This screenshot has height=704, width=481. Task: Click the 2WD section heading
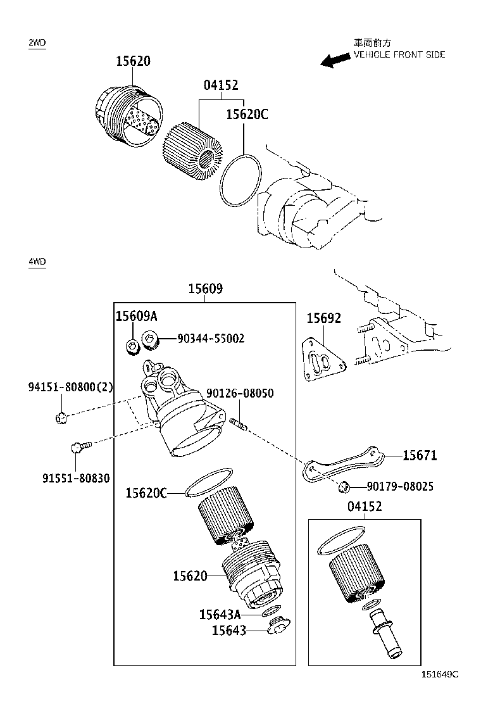click(37, 43)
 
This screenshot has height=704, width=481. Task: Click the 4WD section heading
click(37, 261)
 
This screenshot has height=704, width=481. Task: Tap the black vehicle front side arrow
click(335, 60)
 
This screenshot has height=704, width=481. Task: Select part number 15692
click(323, 318)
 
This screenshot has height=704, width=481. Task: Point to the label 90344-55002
click(211, 338)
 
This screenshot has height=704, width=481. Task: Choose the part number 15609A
click(137, 316)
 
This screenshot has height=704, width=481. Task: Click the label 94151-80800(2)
click(70, 387)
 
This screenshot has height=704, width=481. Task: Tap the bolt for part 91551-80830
click(81, 446)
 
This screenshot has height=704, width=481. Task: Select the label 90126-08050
click(240, 393)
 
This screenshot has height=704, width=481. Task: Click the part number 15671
click(420, 455)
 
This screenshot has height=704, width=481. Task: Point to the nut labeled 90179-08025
click(344, 486)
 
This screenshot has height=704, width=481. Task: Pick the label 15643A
click(220, 614)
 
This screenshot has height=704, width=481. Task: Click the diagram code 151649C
click(440, 674)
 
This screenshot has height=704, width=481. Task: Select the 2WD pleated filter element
click(192, 151)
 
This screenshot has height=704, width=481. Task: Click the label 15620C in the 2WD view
click(247, 115)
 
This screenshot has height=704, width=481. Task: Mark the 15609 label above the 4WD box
click(206, 288)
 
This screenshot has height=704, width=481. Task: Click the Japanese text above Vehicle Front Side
click(372, 43)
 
